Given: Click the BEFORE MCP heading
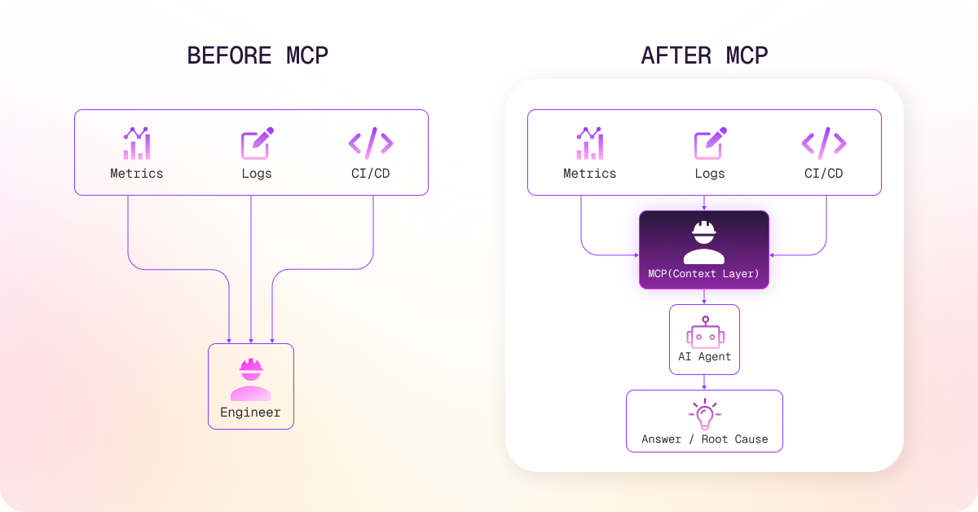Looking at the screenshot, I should [x=258, y=55].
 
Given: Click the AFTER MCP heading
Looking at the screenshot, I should [x=704, y=55].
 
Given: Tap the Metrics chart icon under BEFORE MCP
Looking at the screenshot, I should [x=136, y=143].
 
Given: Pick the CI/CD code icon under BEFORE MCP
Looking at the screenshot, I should [x=370, y=143].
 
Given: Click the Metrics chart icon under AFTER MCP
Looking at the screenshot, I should [x=589, y=143].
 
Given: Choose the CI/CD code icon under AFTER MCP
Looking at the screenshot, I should [x=823, y=143].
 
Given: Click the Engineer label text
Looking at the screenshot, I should [x=250, y=413].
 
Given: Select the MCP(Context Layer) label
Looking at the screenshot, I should [x=703, y=274].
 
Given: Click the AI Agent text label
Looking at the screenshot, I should [x=705, y=356].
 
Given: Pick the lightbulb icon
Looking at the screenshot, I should [x=704, y=414].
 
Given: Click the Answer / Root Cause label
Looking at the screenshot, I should [x=704, y=439].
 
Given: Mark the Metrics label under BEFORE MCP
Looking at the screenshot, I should [x=136, y=173].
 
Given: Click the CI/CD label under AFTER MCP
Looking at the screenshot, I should [x=823, y=173].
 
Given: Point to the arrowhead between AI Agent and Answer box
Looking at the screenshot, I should [x=704, y=386].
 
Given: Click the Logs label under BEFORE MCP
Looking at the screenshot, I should [x=257, y=173].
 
